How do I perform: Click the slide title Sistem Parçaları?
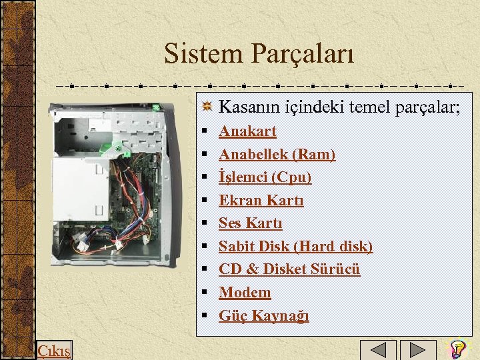click(259, 53)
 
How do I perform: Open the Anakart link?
click(247, 131)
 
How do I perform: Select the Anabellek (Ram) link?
click(277, 155)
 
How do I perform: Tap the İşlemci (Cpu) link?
click(265, 177)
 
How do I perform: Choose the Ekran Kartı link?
click(261, 201)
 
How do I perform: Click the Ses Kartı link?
click(250, 223)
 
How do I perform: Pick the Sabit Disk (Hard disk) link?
click(295, 247)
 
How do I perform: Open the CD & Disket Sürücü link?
click(289, 269)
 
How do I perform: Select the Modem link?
click(245, 293)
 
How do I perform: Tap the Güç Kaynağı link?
click(263, 315)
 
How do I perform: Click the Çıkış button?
click(54, 350)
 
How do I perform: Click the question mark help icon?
click(457, 349)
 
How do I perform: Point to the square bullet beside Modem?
click(207, 293)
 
